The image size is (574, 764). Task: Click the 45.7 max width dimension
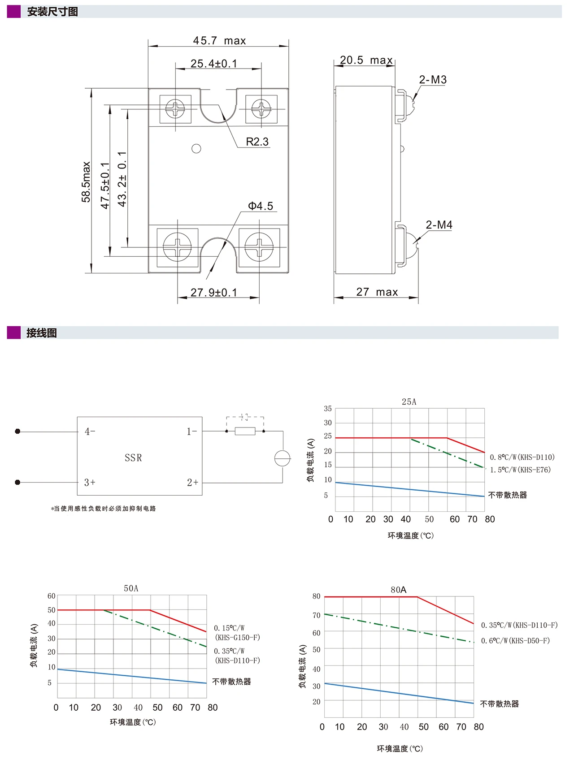point(219,41)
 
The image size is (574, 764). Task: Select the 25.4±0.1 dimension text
point(214,64)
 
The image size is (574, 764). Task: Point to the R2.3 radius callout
point(257,142)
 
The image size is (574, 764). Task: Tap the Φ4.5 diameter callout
point(261,206)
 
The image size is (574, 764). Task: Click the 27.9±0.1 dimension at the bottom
point(214,293)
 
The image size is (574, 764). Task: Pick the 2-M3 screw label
point(433,80)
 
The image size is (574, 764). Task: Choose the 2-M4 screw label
point(439,225)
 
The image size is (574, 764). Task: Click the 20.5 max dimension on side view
point(366,60)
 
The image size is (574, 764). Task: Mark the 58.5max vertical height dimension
point(86,182)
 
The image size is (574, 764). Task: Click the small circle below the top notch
point(196,149)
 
